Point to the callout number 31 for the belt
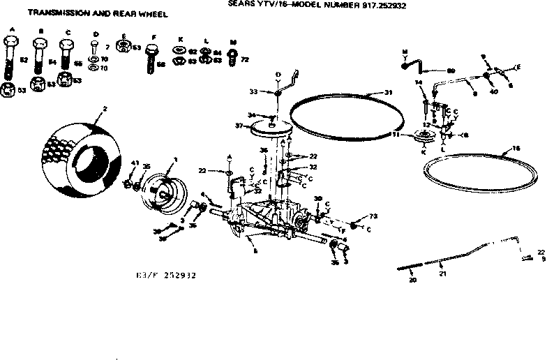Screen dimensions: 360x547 [x=389, y=93]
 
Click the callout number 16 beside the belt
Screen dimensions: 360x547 [x=517, y=149]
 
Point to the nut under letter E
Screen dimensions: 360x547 [x=123, y=47]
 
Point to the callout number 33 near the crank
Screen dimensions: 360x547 [x=254, y=91]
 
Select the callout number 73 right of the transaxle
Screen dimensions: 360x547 [x=373, y=216]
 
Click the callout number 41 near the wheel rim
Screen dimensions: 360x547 [x=135, y=163]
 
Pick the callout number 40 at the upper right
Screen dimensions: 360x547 [x=493, y=91]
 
